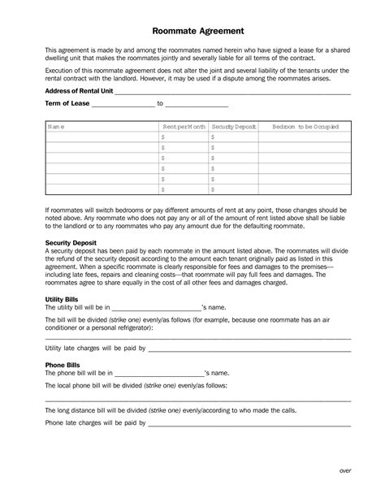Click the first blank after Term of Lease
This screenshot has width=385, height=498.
click(x=122, y=106)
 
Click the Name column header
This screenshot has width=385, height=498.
click(x=56, y=128)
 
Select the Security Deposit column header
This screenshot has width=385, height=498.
click(x=234, y=128)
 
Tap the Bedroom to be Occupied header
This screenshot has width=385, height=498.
click(x=305, y=128)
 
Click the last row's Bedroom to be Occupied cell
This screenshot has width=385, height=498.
click(x=305, y=188)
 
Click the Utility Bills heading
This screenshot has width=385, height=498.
click(x=62, y=300)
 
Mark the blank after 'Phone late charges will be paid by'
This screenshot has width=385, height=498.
click(x=249, y=424)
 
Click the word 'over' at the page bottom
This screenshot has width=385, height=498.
click(x=344, y=470)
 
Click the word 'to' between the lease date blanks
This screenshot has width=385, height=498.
click(x=160, y=104)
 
